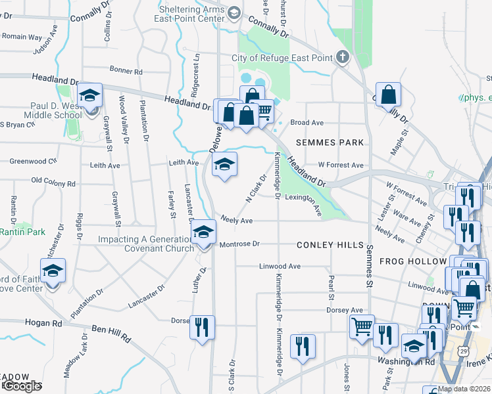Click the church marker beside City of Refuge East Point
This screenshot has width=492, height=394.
point(342,57)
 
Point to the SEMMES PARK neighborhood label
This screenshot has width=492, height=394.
point(330,142)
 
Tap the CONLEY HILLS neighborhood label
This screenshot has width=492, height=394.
point(330,245)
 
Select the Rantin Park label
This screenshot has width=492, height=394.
point(21,232)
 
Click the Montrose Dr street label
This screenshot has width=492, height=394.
point(238,244)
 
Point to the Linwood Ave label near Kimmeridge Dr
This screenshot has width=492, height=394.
point(280,267)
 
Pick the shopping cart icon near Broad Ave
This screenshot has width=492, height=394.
point(263,112)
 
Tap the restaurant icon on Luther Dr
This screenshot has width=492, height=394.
point(202,326)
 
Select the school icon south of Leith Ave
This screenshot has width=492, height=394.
point(224,165)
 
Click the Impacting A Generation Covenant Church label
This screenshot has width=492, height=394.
point(146,244)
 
